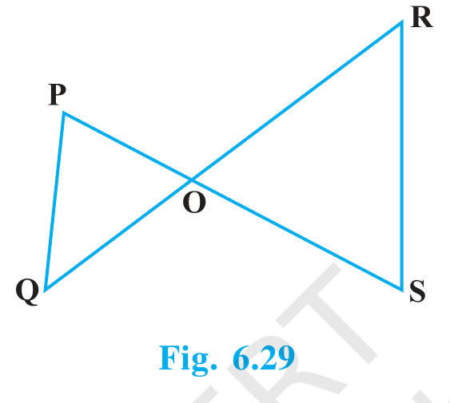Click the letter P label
pyautogui.click(x=57, y=95)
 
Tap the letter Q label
pyautogui.click(x=27, y=292)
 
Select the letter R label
pyautogui.click(x=421, y=17)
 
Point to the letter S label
pyautogui.click(x=417, y=291)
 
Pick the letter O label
pyautogui.click(x=194, y=203)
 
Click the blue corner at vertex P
pyautogui.click(x=64, y=113)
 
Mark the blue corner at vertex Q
pyautogui.click(x=46, y=290)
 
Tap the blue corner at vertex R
pyautogui.click(x=401, y=22)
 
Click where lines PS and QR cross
pyautogui.click(x=192, y=180)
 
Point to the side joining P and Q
pyautogui.click(x=54, y=201)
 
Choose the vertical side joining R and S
pyautogui.click(x=401, y=156)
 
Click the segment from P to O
pyautogui.click(x=128, y=146)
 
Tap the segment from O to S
pyautogui.click(x=297, y=235)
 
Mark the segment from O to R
pyautogui.click(x=297, y=101)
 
